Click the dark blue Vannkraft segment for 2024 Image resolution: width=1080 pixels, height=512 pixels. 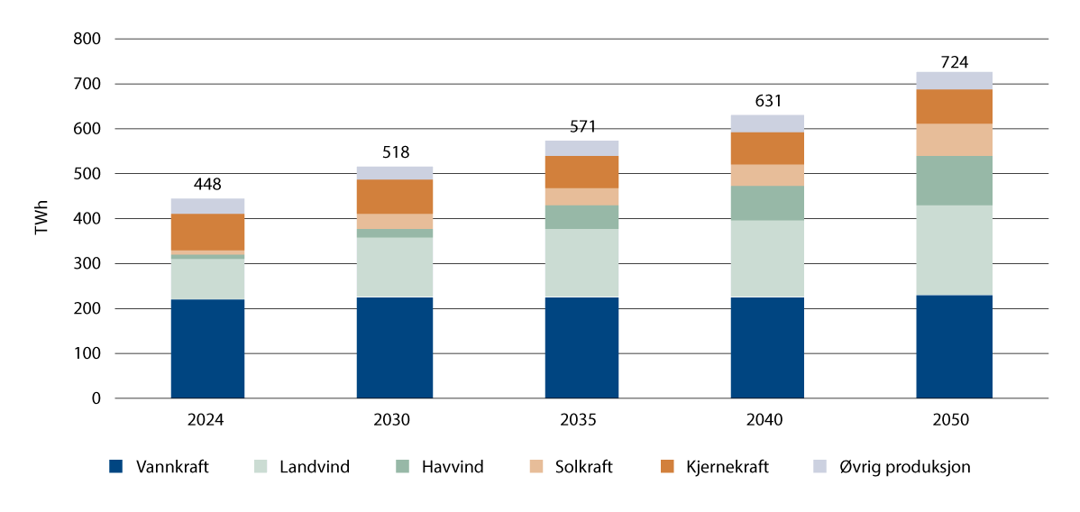coord(207,349)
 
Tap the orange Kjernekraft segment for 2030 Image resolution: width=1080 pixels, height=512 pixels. coord(394,197)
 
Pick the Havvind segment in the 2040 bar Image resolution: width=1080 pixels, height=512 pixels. coord(767,203)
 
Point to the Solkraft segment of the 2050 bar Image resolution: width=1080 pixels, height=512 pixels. coord(954,140)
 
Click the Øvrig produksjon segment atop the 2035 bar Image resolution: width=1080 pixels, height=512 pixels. coord(581,148)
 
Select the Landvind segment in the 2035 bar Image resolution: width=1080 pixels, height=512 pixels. coord(581,263)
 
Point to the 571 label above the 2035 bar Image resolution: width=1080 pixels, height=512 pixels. coord(581,125)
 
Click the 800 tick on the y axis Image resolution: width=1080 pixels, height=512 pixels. coord(87,40)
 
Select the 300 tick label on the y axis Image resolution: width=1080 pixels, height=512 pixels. coord(87,264)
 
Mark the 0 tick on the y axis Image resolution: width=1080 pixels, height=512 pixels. coord(96,398)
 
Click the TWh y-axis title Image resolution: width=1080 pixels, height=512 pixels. coord(41,219)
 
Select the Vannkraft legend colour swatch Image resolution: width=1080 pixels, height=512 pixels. coord(115,467)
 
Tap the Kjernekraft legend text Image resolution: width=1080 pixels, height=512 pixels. coord(728,467)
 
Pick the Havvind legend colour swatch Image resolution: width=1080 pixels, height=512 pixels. coord(402,467)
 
